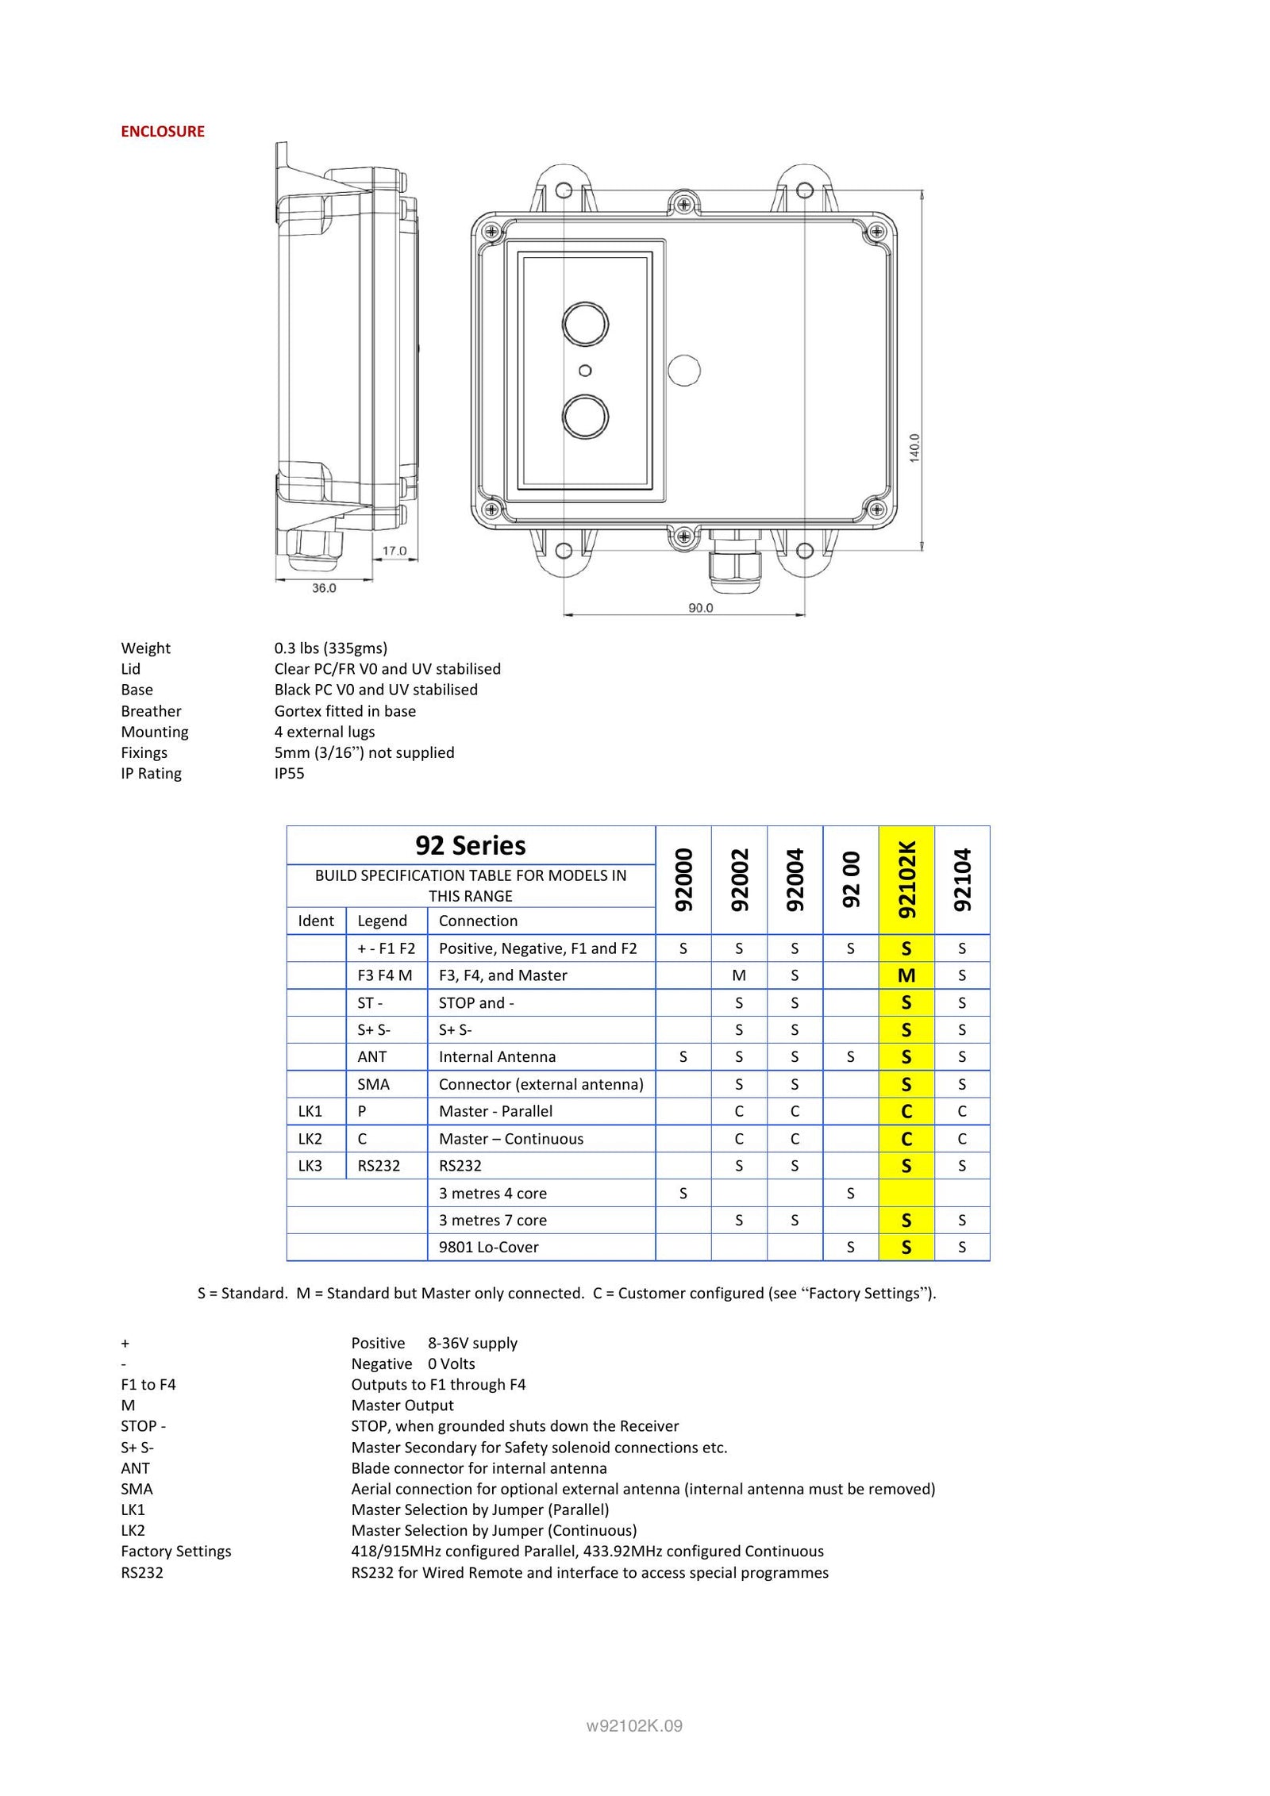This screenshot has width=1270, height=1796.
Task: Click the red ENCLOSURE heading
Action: [162, 132]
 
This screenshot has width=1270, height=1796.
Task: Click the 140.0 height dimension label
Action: [914, 448]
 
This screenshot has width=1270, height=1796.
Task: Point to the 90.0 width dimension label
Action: [700, 608]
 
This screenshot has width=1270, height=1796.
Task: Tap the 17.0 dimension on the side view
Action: [394, 551]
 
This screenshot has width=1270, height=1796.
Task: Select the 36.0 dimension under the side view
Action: [324, 588]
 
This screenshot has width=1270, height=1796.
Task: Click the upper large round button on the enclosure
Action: [585, 324]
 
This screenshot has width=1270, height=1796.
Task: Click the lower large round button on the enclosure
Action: [585, 417]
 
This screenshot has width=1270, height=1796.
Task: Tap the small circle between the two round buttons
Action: [585, 371]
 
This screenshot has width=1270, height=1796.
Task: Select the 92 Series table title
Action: [470, 845]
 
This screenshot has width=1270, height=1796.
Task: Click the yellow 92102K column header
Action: [906, 879]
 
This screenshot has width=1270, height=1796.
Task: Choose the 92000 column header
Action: [683, 879]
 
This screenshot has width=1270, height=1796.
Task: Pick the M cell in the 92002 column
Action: [739, 975]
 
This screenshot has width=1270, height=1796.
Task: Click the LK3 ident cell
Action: [310, 1166]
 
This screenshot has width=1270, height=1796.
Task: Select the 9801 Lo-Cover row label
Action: [488, 1248]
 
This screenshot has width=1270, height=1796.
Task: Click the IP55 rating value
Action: [289, 774]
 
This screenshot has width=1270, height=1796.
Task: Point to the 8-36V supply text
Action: [472, 1344]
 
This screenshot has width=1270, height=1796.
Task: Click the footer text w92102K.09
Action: [634, 1726]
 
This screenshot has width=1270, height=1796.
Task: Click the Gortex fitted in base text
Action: [344, 711]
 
